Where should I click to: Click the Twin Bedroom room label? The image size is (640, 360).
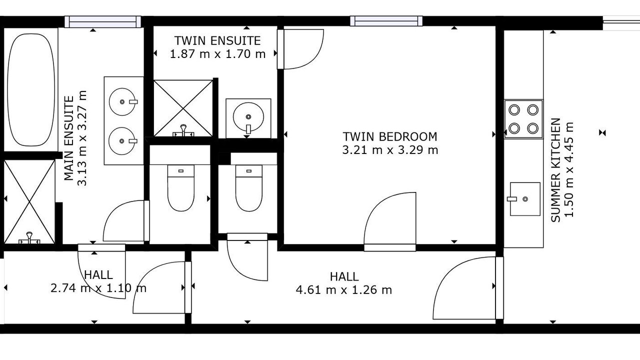click(x=390, y=136)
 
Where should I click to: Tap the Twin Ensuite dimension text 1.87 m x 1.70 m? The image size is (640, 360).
click(x=217, y=53)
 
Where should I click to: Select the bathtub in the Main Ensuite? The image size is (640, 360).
click(x=31, y=89)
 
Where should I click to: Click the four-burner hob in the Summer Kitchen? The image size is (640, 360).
click(x=523, y=119)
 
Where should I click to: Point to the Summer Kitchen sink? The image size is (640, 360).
click(x=525, y=199)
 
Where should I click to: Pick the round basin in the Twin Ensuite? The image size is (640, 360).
click(x=248, y=117)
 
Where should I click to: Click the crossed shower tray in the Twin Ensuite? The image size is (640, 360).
click(x=183, y=108)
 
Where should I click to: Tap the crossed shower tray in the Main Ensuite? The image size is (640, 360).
click(x=29, y=201)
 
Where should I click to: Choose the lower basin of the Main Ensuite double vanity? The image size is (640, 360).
click(x=122, y=141)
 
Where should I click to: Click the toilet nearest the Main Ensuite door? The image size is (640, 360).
click(x=181, y=188)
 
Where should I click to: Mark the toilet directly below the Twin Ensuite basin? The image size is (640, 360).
click(x=249, y=188)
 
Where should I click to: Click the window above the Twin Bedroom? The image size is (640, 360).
click(x=386, y=21)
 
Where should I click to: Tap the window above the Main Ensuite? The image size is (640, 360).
click(x=103, y=21)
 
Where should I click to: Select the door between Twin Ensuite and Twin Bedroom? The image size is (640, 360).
click(x=300, y=49)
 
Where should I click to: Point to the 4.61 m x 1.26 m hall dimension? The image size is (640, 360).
click(x=344, y=290)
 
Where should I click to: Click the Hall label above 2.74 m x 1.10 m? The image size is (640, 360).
click(x=98, y=275)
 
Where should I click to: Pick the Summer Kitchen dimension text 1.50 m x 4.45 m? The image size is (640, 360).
click(x=569, y=169)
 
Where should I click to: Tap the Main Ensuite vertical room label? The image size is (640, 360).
click(x=69, y=138)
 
